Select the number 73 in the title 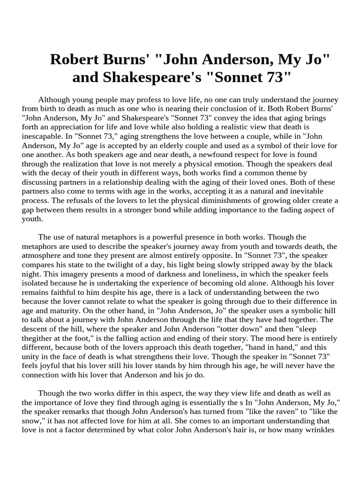(274, 77)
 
